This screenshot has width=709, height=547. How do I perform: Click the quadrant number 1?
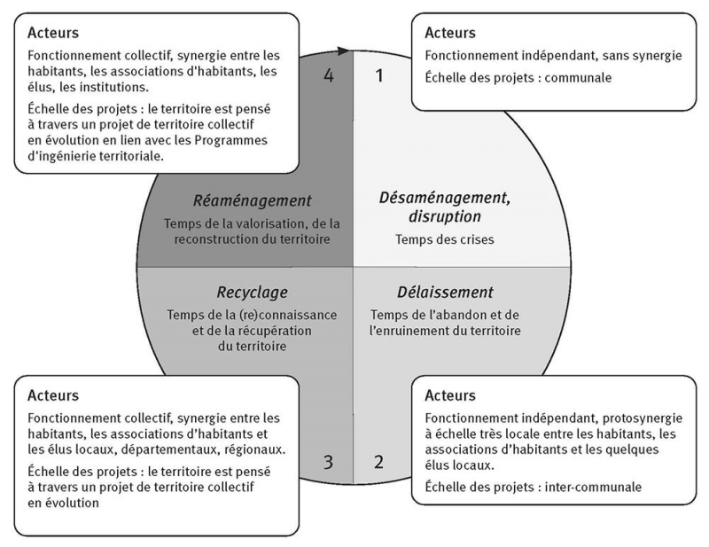[x=380, y=76]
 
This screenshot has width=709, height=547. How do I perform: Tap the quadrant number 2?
[x=379, y=461]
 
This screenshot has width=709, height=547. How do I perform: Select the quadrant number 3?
[x=328, y=461]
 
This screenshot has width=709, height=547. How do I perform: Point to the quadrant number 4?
[x=329, y=76]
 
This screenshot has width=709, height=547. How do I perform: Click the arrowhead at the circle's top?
[x=346, y=52]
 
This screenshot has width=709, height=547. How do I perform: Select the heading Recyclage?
[x=252, y=292]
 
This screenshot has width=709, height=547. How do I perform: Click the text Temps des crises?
[x=432, y=238]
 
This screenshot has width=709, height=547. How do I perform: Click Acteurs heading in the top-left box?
[x=53, y=34]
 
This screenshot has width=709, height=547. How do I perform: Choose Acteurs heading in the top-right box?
[x=450, y=34]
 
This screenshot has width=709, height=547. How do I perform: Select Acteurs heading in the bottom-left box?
[x=53, y=395]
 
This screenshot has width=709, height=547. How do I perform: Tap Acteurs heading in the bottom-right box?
[x=450, y=395]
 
